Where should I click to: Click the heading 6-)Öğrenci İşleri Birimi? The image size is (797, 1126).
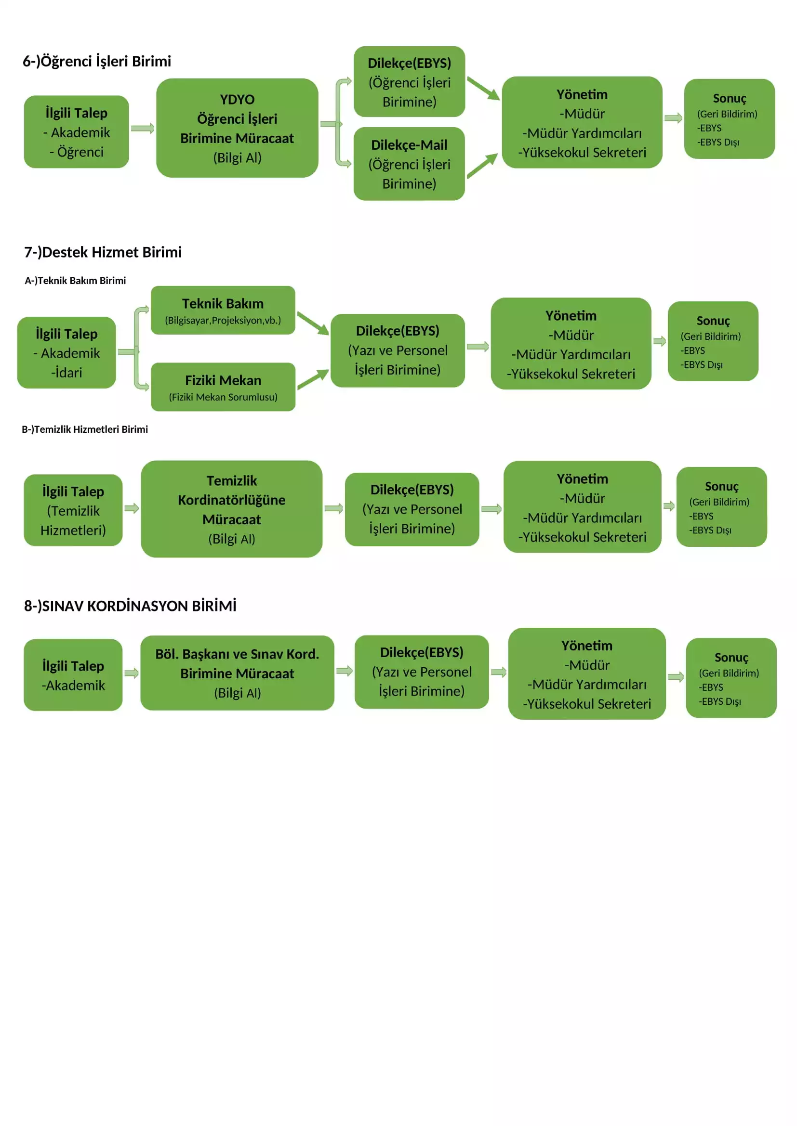coord(97,61)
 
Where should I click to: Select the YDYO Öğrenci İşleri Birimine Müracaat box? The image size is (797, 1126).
coord(237,128)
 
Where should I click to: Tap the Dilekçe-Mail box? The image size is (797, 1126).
coord(409,164)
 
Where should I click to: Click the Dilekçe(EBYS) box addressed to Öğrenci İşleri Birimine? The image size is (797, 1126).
coord(409,82)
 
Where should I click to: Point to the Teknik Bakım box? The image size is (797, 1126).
coord(223,311)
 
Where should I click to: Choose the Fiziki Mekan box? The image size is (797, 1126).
coord(223,387)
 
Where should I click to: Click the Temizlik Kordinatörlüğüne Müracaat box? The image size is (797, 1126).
coord(232,509)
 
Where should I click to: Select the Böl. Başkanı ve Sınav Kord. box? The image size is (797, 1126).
coord(237,673)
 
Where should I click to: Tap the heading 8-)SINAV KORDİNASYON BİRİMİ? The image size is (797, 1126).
coord(130,606)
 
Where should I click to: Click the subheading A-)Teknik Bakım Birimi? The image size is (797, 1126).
coord(75,281)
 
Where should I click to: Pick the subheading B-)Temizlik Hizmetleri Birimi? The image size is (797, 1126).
coord(84,429)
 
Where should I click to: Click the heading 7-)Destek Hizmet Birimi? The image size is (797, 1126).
coord(103,252)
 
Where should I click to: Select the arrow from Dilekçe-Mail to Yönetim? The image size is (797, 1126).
coord(482,166)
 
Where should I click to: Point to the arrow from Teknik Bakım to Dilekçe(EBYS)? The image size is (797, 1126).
coord(313,324)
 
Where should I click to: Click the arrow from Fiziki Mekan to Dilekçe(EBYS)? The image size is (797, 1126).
coord(313,379)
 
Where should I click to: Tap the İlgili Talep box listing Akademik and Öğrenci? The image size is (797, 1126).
coord(77,132)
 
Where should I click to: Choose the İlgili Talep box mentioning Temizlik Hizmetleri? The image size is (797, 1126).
coord(73,510)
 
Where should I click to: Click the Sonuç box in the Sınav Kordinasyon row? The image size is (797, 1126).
coord(731,678)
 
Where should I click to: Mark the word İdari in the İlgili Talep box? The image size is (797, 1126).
coord(67,373)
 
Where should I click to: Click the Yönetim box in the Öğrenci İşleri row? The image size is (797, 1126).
coord(582,122)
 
